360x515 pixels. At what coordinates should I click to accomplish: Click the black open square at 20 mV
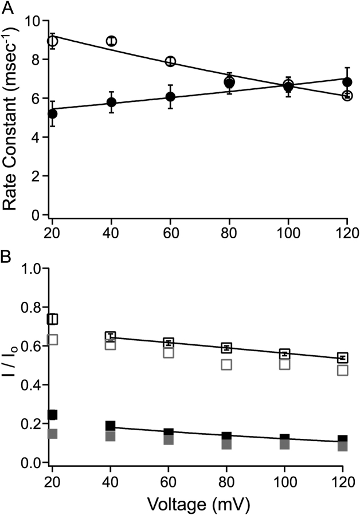click(x=53, y=319)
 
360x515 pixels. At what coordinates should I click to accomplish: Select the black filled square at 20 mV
click(x=53, y=415)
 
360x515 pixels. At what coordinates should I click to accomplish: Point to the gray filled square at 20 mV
click(x=53, y=434)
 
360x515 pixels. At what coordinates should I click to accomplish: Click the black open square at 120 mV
click(x=343, y=357)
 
